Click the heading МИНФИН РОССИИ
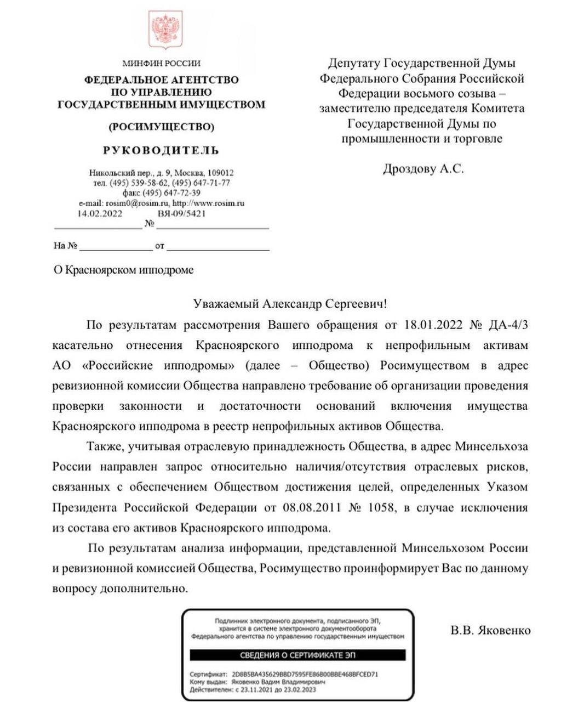[x=161, y=63]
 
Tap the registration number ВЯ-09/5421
[x=181, y=213]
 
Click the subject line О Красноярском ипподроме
[x=123, y=270]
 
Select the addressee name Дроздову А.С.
[x=423, y=169]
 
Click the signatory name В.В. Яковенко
[x=490, y=630]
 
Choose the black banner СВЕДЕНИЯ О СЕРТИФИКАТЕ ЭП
[x=298, y=655]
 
